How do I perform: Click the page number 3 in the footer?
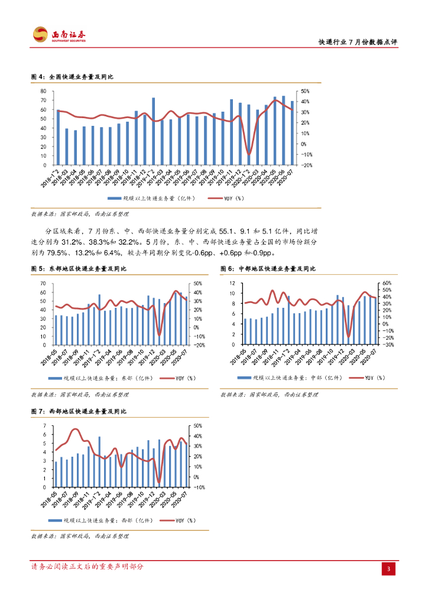(x=388, y=569)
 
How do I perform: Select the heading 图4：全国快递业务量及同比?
(x=72, y=77)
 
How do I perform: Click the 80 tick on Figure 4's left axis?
(x=43, y=92)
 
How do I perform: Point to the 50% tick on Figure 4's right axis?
(x=305, y=92)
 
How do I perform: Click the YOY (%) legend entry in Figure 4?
(x=232, y=199)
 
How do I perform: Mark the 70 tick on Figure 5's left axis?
(x=43, y=284)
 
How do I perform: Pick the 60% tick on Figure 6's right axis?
(x=388, y=284)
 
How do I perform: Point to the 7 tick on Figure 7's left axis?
(x=45, y=426)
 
